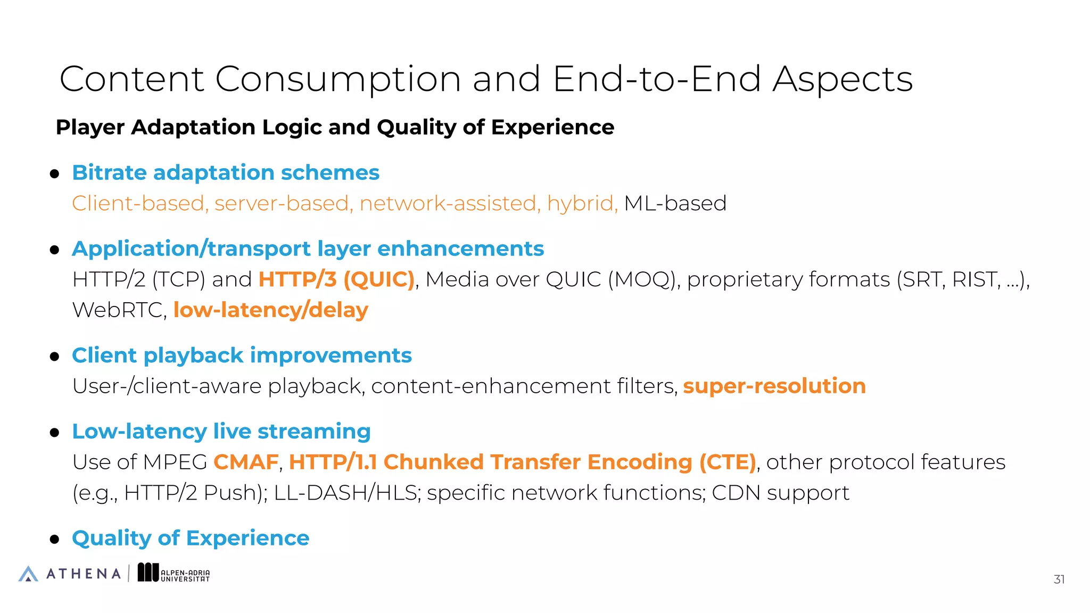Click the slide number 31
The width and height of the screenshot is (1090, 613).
pos(1059,579)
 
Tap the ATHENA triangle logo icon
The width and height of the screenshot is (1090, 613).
pos(28,574)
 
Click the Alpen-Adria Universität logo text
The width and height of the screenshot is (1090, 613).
pos(185,576)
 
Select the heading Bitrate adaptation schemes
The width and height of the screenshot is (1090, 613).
pos(226,173)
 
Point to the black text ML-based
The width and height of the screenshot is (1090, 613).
pos(675,203)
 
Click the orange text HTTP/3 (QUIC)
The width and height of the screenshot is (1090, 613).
pos(336,279)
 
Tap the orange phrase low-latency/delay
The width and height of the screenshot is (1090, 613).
pos(270,310)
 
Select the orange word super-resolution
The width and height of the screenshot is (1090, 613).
pos(774,386)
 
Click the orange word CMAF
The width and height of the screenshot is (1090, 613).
pos(246,462)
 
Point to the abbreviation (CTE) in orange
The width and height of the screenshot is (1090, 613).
pos(727,462)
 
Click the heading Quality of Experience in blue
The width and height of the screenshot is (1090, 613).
pos(191,538)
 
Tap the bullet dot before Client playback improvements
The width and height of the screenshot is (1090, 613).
pos(54,357)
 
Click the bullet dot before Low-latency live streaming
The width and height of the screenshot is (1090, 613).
pos(54,433)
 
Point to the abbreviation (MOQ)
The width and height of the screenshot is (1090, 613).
pos(644,279)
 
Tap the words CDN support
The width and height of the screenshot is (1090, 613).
pos(780,493)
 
